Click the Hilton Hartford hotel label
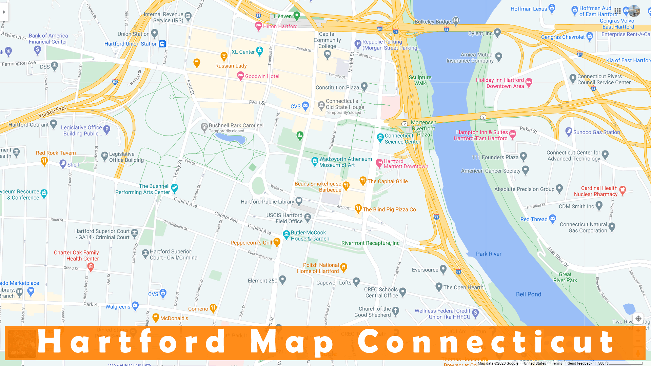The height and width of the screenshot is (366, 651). pyautogui.click(x=280, y=26)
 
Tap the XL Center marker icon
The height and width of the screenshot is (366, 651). pyautogui.click(x=260, y=51)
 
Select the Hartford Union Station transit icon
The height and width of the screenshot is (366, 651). pyautogui.click(x=162, y=44)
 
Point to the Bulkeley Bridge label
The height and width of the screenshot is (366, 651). pyautogui.click(x=433, y=22)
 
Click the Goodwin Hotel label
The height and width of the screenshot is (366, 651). pyautogui.click(x=262, y=76)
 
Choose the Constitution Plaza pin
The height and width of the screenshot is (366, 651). pyautogui.click(x=364, y=87)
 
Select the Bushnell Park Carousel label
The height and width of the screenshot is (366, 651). pyautogui.click(x=236, y=126)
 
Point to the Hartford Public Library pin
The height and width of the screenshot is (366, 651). pyautogui.click(x=299, y=201)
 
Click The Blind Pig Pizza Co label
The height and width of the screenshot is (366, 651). pyautogui.click(x=389, y=209)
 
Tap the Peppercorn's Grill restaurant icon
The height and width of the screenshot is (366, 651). pyautogui.click(x=277, y=242)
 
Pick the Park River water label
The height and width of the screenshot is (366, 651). pyautogui.click(x=488, y=254)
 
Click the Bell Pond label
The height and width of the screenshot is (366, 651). pyautogui.click(x=528, y=294)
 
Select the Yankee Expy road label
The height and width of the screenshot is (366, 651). pyautogui.click(x=53, y=111)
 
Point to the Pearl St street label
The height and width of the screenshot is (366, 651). pyautogui.click(x=257, y=102)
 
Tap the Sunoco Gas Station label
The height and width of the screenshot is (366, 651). pyautogui.click(x=596, y=132)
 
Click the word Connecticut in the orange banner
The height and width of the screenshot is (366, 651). pyautogui.click(x=486, y=342)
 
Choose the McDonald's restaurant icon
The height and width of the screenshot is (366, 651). pyautogui.click(x=156, y=318)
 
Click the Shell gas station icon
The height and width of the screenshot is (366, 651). pyautogui.click(x=63, y=164)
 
